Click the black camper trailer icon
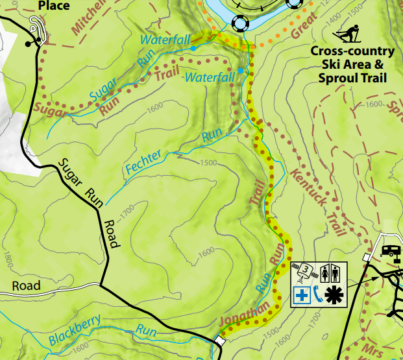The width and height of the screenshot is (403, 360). [392, 250]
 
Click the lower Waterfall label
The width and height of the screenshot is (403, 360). [210, 78]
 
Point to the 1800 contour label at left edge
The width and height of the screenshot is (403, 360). [7, 262]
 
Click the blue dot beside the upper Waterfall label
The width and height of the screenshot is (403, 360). [193, 48]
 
